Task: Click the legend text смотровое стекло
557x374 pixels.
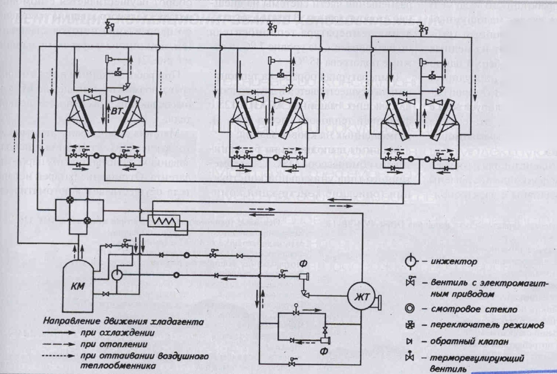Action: point(461,310)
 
